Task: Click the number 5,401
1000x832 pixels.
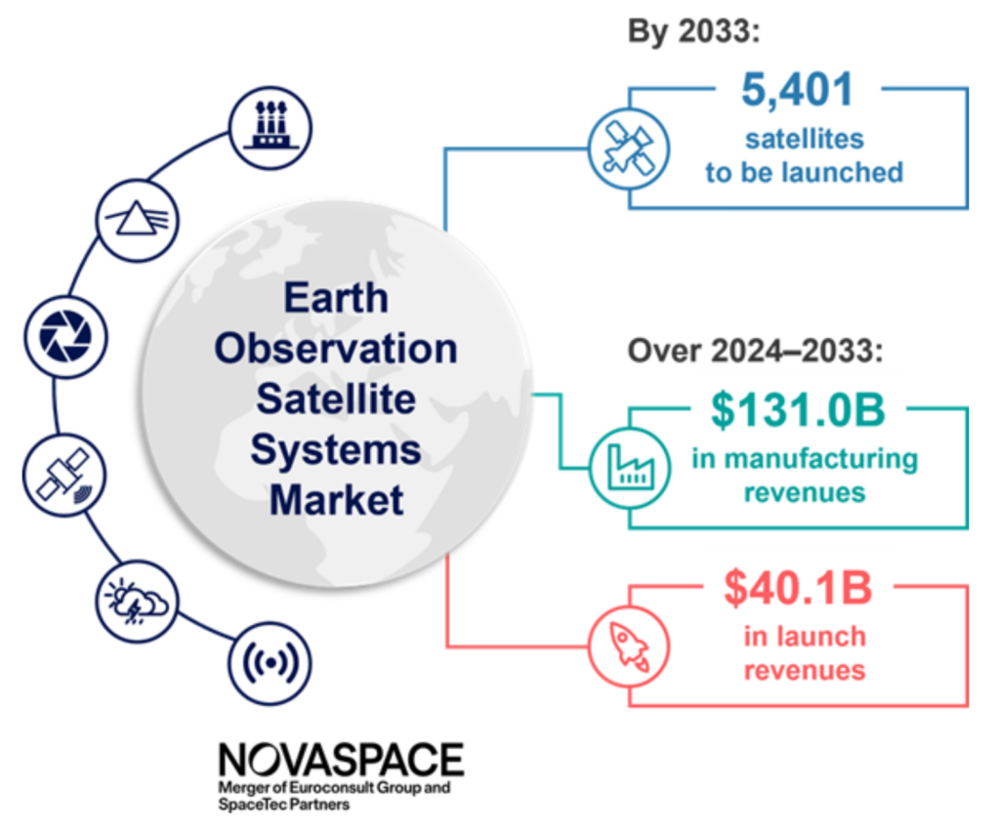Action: click(x=797, y=90)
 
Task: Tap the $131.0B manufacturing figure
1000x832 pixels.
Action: click(x=798, y=410)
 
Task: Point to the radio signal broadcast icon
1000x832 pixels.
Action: click(x=270, y=664)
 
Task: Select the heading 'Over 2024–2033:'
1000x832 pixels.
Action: click(x=754, y=350)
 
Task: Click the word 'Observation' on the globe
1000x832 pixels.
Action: click(x=337, y=349)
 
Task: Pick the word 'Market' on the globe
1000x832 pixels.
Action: click(x=337, y=500)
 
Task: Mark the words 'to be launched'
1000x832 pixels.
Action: click(x=804, y=173)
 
